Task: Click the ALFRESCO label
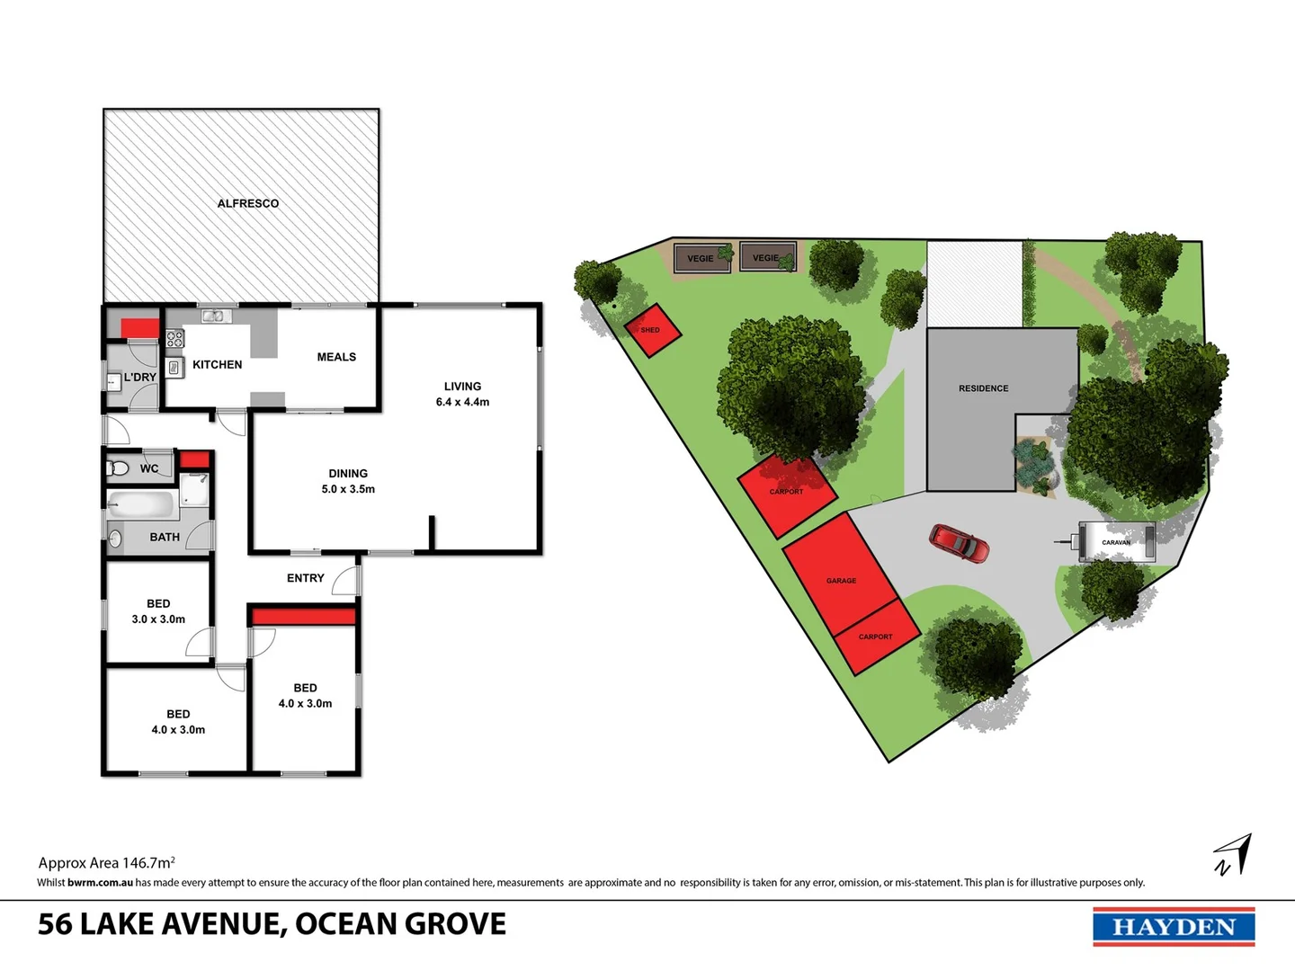point(248,204)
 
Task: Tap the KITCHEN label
point(217,364)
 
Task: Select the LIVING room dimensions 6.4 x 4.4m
point(462,402)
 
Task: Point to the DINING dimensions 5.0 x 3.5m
point(348,489)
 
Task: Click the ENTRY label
point(306,578)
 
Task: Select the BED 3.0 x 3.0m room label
point(158,611)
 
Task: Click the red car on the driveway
point(959,543)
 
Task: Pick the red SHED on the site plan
point(652,330)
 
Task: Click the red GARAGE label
point(841,581)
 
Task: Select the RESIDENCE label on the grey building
point(983,388)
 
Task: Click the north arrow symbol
point(1233,855)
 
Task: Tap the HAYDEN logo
point(1174,927)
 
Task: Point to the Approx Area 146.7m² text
point(106,863)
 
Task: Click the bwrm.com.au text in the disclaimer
point(100,883)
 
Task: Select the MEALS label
point(336,357)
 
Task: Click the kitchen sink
point(213,316)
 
